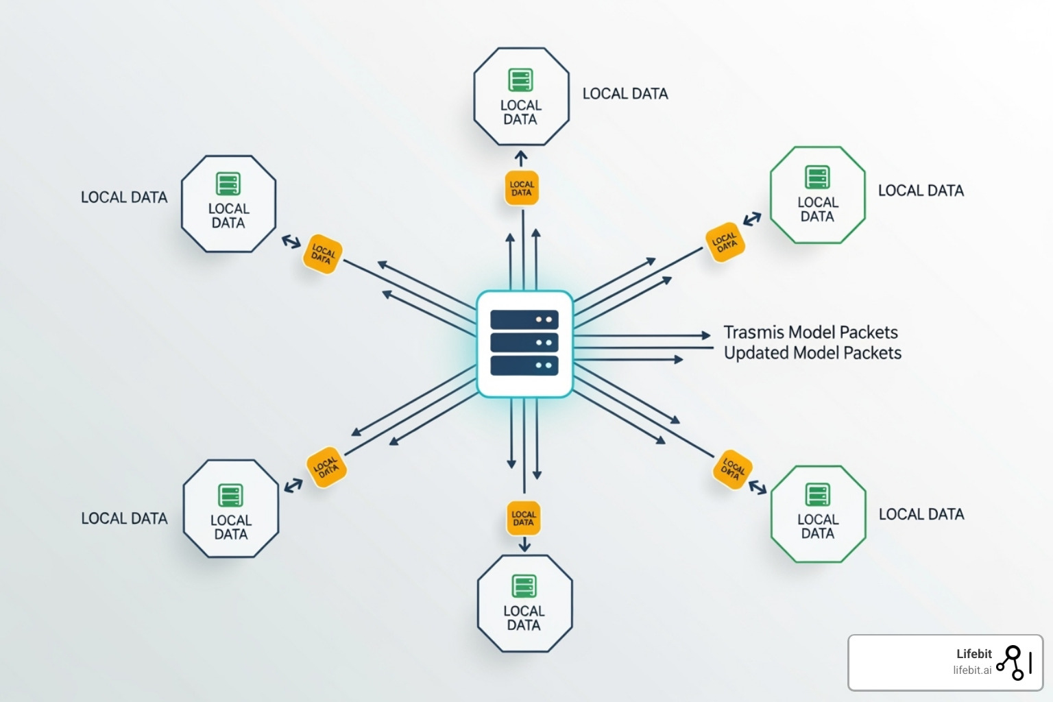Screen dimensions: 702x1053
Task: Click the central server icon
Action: pos(524,343)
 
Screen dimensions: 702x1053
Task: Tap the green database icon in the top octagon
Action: pos(521,80)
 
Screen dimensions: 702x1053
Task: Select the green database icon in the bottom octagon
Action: pos(524,586)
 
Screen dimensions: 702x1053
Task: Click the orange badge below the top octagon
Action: pos(522,189)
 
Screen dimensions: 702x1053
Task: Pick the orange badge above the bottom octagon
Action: pos(524,518)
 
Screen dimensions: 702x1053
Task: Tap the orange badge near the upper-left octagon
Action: pos(322,254)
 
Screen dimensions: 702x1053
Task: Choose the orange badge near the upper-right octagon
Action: pos(725,242)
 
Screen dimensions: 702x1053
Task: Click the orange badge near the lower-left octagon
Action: pos(326,468)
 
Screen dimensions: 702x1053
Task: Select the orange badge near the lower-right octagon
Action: pos(732,470)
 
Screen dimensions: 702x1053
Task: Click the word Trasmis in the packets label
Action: pos(753,332)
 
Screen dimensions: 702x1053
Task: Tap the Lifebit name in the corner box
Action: pos(973,654)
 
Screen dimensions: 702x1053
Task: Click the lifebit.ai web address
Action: pos(972,670)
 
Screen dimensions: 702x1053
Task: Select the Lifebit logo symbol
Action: pos(1014,662)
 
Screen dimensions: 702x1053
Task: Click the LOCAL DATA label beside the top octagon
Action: pos(625,94)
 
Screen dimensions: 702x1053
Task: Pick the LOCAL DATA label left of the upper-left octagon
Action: pos(124,197)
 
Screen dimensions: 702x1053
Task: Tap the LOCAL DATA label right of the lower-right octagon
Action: pos(921,514)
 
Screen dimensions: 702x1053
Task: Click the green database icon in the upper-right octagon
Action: pos(817,177)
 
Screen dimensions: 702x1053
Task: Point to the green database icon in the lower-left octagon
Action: pos(230,495)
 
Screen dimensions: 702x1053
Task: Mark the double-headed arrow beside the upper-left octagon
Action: pos(291,242)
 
